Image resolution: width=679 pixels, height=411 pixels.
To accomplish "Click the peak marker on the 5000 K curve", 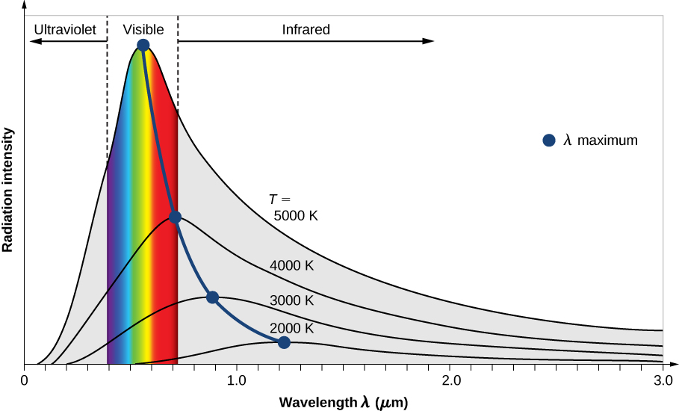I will point(143,46).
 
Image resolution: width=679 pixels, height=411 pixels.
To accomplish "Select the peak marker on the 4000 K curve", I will point(175,217).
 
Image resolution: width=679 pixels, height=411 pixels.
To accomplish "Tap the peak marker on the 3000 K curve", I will point(212,297).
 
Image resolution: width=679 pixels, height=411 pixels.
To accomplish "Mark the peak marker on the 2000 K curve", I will point(284,342).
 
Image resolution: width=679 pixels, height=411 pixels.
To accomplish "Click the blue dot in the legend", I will point(549,140).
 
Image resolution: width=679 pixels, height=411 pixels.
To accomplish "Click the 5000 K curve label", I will point(296,217).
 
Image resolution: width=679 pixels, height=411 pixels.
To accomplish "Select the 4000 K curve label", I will point(292,265).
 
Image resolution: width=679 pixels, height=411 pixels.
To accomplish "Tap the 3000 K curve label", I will point(292,300).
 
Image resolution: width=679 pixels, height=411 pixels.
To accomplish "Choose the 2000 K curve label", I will point(292,328).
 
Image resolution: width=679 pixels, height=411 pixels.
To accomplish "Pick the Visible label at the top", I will point(143,30).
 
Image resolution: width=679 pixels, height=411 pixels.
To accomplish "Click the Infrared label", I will point(306,30).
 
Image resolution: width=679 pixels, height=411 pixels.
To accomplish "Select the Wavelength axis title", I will point(344,402).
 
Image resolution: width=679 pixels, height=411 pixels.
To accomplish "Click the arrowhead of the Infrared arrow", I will point(429,41).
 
